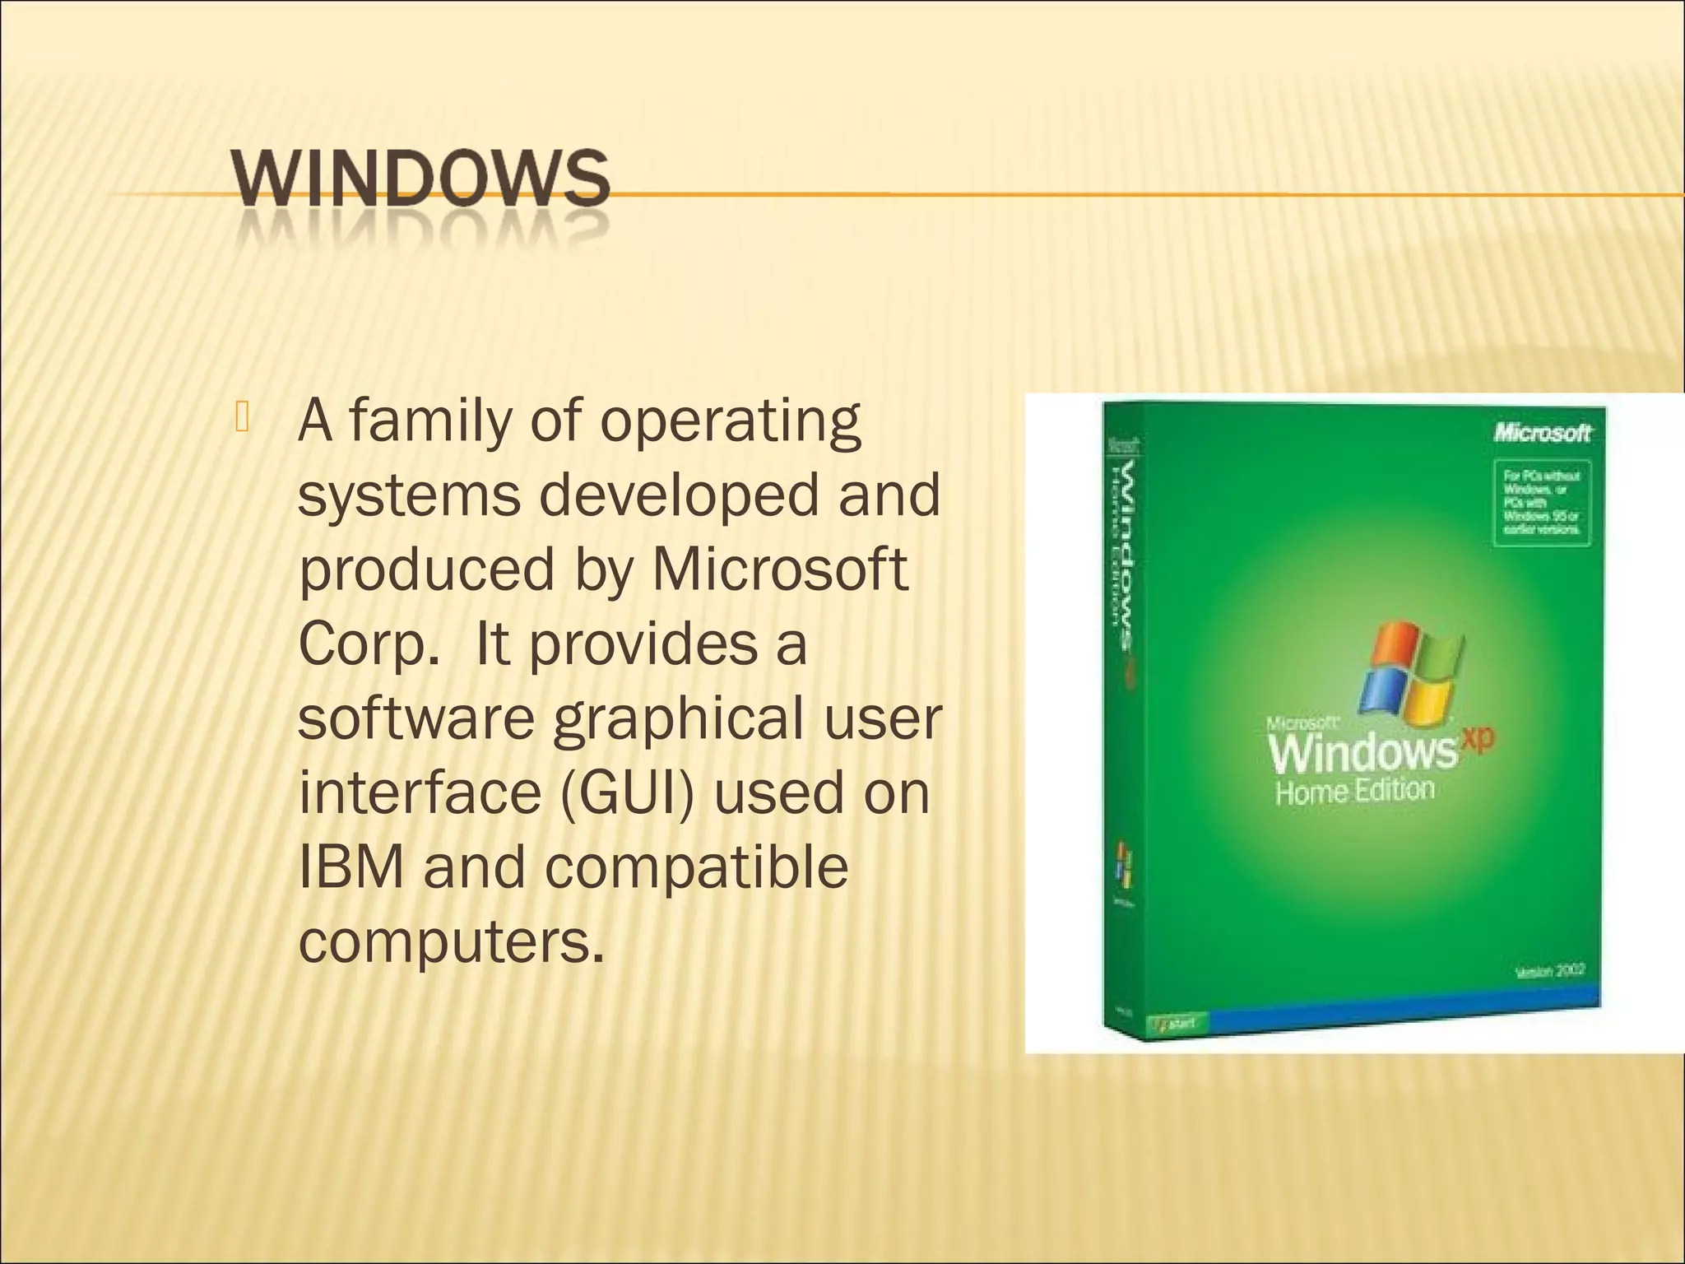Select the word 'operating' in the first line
[x=730, y=422]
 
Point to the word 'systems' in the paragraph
[x=409, y=495]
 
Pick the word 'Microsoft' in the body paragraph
[x=779, y=569]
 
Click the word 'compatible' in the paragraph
[x=696, y=868]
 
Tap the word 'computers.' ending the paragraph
[x=451, y=941]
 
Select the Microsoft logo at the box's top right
[x=1543, y=432]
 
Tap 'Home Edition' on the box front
[x=1354, y=792]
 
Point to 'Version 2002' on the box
[x=1550, y=971]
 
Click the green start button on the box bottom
[x=1177, y=1024]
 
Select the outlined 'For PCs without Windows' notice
[x=1542, y=502]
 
